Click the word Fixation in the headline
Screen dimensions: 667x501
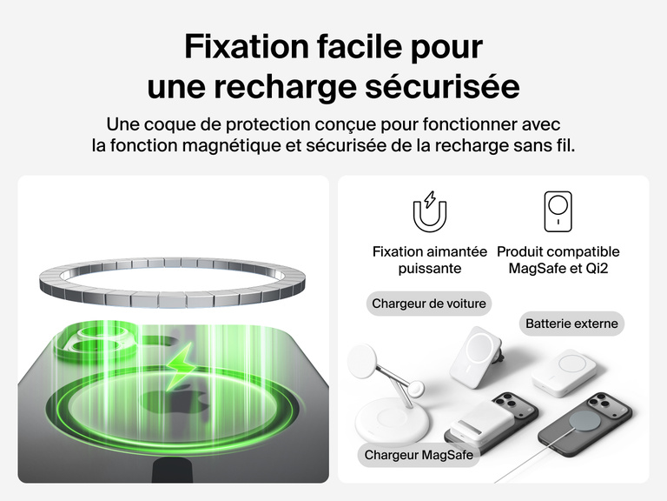[x=247, y=46]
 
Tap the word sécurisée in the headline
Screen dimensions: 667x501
[x=442, y=86]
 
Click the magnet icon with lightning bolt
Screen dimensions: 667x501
[x=430, y=211]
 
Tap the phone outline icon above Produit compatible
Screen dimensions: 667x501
[x=558, y=211]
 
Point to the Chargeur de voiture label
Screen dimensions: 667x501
[x=429, y=304]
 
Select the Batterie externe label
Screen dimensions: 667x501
[x=571, y=324]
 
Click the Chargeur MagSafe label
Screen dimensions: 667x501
[x=419, y=455]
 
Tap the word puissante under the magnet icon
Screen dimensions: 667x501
[x=430, y=269]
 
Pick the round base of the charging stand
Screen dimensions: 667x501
[x=393, y=423]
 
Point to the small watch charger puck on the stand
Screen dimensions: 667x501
[x=416, y=390]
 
